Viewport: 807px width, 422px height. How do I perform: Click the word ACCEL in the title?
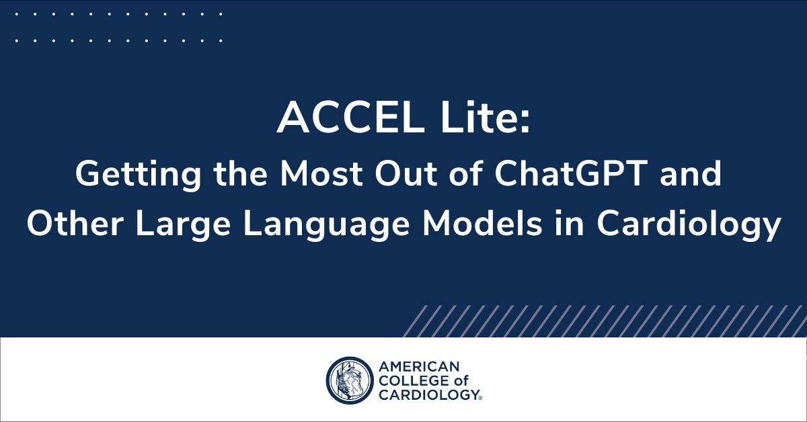pos(350,118)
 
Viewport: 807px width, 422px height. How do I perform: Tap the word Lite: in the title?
pos(486,118)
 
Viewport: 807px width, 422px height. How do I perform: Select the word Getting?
pos(139,175)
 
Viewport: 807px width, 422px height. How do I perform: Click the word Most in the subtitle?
pos(321,173)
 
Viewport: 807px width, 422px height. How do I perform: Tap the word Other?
pos(75,224)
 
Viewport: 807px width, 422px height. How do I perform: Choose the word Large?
pos(183,226)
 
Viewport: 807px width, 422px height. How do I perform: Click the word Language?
pos(326,226)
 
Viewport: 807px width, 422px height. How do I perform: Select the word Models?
pos(482,224)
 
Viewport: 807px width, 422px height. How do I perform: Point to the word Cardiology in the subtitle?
pos(689,226)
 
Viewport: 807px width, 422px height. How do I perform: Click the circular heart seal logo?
pos(350,380)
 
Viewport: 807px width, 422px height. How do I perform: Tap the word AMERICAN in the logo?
pos(419,366)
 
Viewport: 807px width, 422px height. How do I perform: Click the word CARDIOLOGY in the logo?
pos(428,394)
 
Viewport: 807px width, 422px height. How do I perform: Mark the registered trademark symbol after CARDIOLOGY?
pos(479,398)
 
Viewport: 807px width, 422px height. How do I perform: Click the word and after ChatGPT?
pos(690,173)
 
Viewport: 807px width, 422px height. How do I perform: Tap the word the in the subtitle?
pos(241,173)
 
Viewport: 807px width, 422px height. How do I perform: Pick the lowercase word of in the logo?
pos(461,380)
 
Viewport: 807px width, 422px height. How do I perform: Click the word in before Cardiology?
pos(569,224)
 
